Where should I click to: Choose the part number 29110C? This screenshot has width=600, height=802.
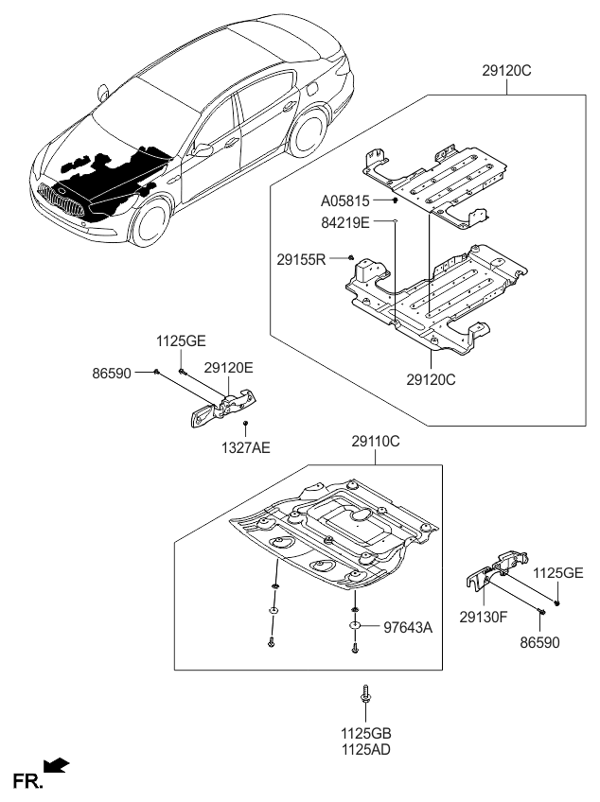(x=376, y=440)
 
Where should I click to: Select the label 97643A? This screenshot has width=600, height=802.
(x=407, y=626)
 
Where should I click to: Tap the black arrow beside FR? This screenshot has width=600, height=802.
(x=58, y=764)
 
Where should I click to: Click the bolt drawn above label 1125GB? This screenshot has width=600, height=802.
(x=365, y=698)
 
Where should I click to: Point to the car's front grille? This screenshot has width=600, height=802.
(x=57, y=200)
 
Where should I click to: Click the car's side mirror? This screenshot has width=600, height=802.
(x=203, y=150)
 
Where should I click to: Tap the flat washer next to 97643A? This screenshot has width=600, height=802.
(x=354, y=626)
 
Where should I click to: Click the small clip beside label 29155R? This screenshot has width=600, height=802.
(x=350, y=256)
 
